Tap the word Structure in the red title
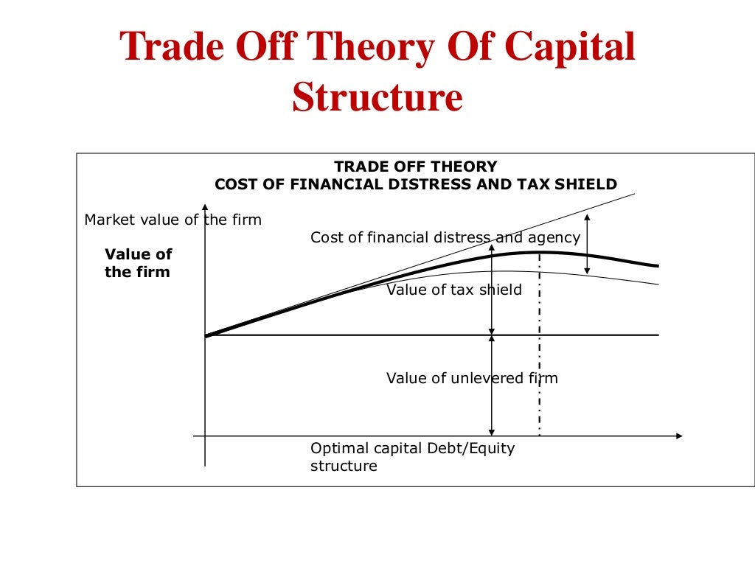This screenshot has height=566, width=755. point(377,97)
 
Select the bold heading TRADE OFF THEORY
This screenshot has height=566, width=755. point(416,167)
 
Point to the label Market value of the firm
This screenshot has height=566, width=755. point(173,220)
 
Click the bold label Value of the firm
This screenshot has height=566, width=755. point(138,263)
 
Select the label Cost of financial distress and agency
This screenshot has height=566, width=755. point(445,237)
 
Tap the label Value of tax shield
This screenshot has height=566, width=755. point(454,290)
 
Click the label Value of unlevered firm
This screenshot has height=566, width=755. point(472,378)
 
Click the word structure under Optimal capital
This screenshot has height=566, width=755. point(344,466)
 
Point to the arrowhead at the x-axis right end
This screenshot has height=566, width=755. point(678,436)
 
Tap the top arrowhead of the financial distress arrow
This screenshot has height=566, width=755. point(587,217)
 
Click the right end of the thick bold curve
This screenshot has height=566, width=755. point(655,266)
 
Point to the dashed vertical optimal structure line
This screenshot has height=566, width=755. point(540,346)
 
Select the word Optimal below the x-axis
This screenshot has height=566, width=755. point(337,448)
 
